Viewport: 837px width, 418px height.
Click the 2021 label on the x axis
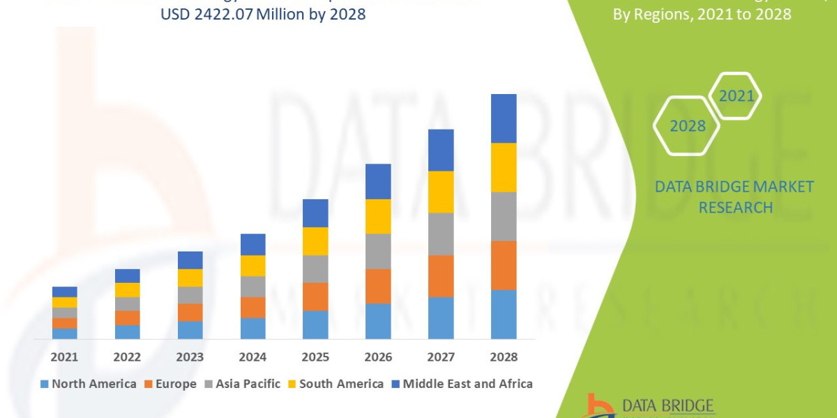pyautogui.click(x=64, y=357)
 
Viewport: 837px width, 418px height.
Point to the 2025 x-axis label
pyautogui.click(x=315, y=357)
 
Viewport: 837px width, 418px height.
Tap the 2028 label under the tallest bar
pyautogui.click(x=504, y=357)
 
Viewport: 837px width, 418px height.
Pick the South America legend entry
pyautogui.click(x=335, y=384)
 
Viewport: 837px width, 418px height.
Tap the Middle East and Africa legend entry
pyautogui.click(x=461, y=384)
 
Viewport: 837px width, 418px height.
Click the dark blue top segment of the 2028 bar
pyautogui.click(x=504, y=118)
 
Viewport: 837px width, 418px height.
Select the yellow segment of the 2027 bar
pyautogui.click(x=441, y=192)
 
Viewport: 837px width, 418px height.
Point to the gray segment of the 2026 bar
pyautogui.click(x=378, y=251)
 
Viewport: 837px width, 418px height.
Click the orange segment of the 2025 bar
pyautogui.click(x=315, y=297)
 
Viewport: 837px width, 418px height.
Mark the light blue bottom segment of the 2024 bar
pyautogui.click(x=252, y=328)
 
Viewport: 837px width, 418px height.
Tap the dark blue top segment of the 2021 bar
pyautogui.click(x=64, y=291)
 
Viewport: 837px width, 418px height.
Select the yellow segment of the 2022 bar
pyautogui.click(x=127, y=290)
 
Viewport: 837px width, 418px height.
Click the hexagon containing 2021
pyautogui.click(x=736, y=95)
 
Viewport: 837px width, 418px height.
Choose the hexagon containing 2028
pyautogui.click(x=686, y=125)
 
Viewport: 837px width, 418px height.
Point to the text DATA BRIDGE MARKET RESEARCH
pyautogui.click(x=734, y=196)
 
